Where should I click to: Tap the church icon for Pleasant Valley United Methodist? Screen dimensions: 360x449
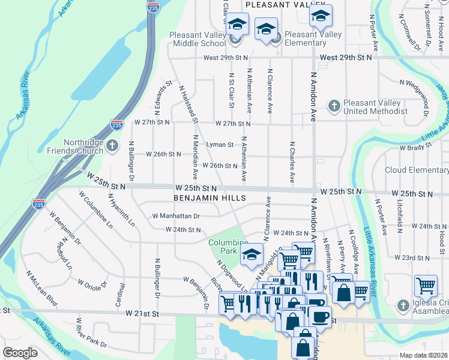[334, 106]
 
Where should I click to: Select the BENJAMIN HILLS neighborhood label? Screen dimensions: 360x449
[209, 197]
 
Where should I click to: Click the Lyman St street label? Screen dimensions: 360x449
[219, 145]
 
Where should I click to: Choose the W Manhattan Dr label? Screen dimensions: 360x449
[176, 215]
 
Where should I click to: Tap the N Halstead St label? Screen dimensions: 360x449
[188, 104]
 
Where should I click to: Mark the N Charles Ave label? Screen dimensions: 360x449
[292, 162]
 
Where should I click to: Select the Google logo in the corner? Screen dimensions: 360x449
[20, 353]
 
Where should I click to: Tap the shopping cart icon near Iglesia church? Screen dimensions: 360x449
[426, 287]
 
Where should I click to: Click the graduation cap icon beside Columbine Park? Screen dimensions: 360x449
[252, 254]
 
